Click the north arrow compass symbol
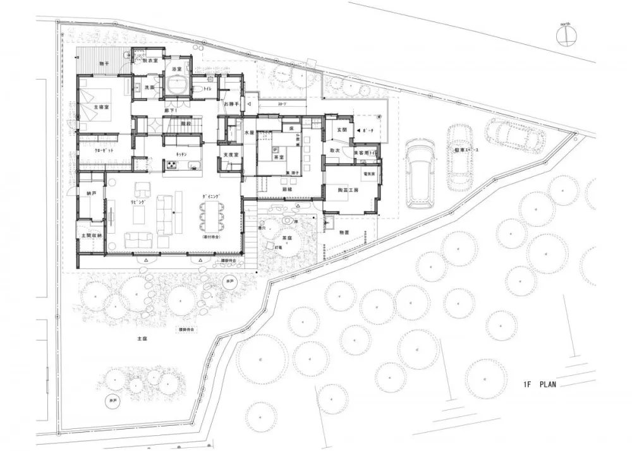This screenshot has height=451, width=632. point(567,35)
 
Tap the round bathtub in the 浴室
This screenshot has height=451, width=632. point(176,84)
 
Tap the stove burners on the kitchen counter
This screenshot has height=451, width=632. point(171,165)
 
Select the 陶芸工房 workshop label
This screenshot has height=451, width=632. point(347,189)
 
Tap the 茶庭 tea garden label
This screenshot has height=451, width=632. point(286,238)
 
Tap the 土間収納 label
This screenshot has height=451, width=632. point(90,234)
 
